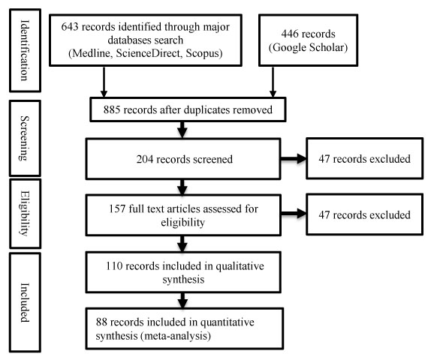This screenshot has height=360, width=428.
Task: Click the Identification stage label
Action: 25,50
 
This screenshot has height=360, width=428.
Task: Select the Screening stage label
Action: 25,138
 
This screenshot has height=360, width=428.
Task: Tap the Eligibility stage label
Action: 25,213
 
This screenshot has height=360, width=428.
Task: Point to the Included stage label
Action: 25,302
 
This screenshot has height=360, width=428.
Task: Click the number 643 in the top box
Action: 70,27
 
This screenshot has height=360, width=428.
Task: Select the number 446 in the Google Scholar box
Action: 290,34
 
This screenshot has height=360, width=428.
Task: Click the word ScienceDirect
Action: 148,53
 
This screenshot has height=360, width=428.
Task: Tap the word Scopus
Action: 204,53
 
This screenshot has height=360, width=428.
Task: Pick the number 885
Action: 112,110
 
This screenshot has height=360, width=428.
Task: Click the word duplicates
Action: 206,110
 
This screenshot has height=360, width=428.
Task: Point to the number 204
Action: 145,159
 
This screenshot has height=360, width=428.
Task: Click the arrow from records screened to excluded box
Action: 294,158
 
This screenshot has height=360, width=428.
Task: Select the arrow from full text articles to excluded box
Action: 294,214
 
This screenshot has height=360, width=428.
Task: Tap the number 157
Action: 117,209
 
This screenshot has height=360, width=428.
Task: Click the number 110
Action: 114,266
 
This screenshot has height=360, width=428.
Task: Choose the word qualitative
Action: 240,266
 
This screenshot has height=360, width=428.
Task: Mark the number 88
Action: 101,322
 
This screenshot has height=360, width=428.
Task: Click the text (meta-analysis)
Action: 176,336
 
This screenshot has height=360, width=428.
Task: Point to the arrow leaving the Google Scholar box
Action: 273,82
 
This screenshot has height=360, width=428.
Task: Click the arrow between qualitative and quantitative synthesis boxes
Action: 182,301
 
